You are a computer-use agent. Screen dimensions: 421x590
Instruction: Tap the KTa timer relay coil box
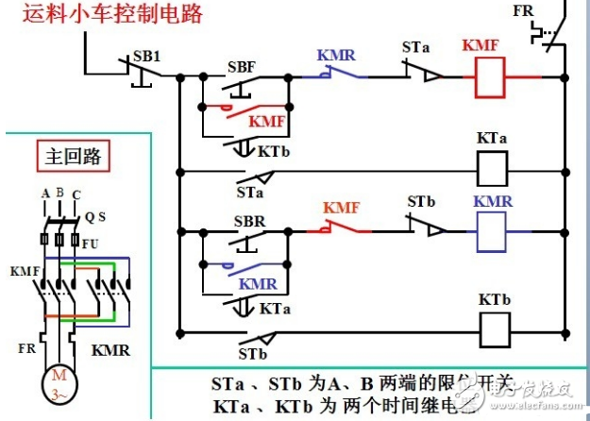click(x=491, y=171)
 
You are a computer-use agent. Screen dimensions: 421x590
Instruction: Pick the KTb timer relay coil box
click(x=491, y=329)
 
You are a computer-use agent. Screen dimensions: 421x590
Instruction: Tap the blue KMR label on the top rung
click(x=336, y=57)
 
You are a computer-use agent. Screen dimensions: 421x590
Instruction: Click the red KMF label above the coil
click(x=481, y=46)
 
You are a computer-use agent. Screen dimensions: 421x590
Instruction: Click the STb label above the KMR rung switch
click(x=422, y=202)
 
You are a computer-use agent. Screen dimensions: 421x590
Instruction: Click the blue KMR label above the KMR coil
click(x=492, y=202)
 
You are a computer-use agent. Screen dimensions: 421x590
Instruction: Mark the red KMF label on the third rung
click(x=342, y=208)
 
